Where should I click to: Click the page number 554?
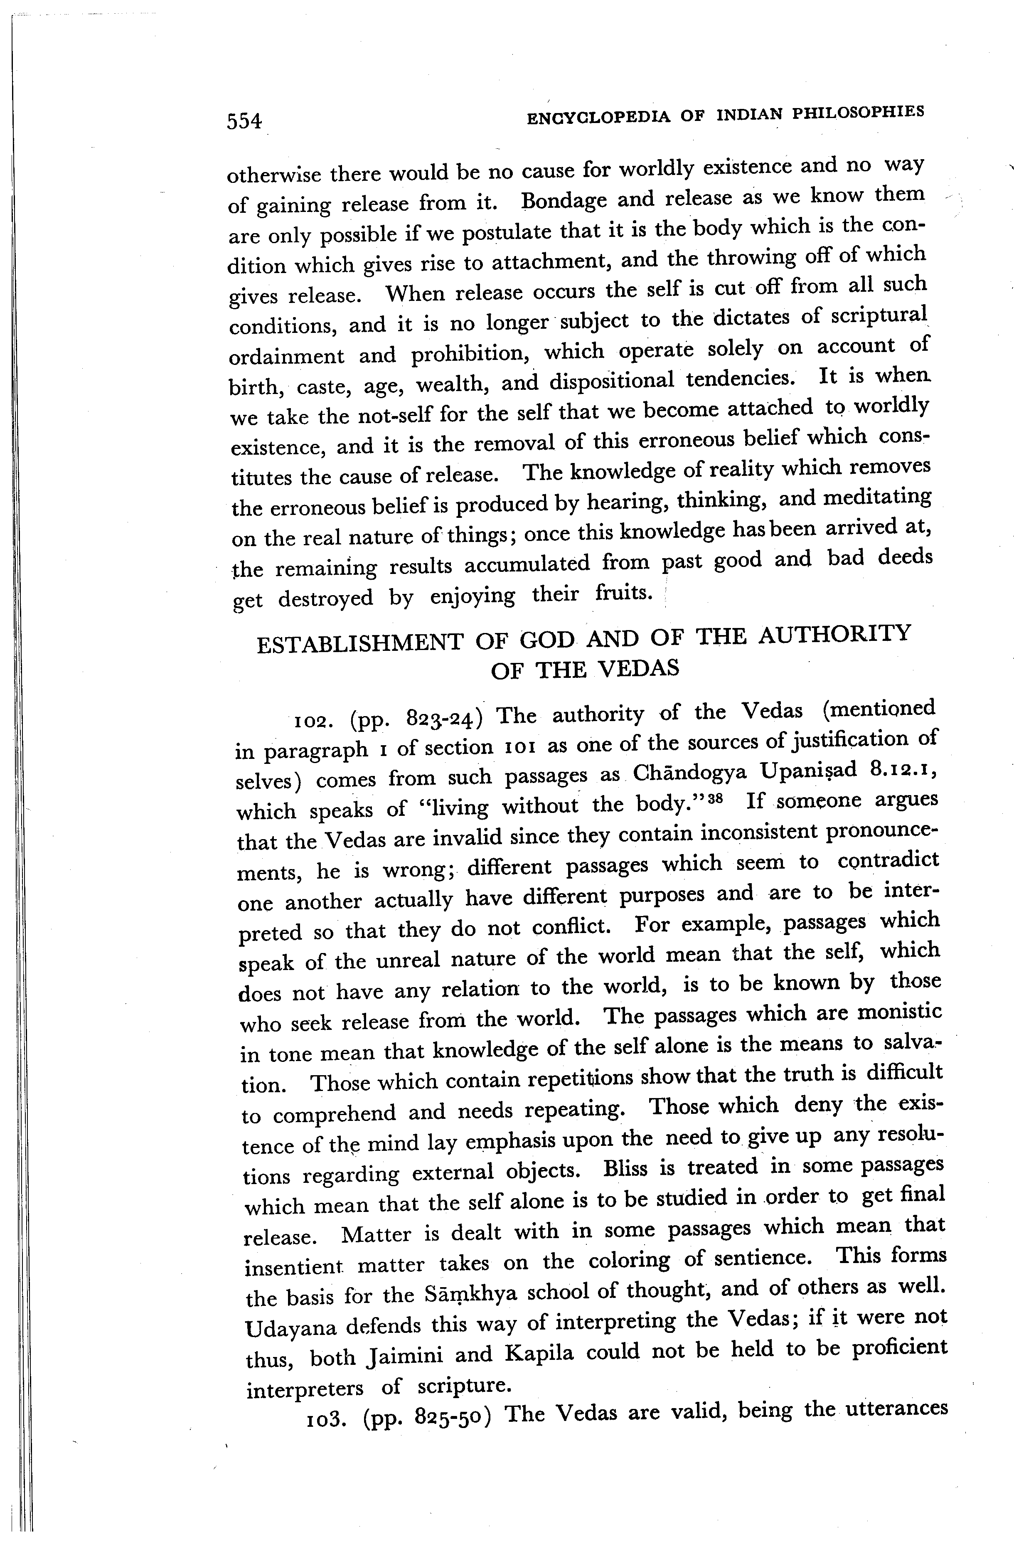[244, 121]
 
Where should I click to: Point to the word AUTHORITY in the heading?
[835, 633]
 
